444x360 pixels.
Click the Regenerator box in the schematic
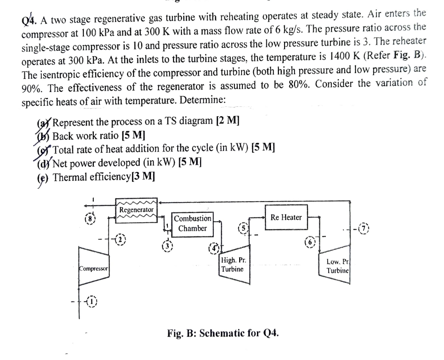pyautogui.click(x=135, y=209)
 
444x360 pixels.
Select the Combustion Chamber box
pyautogui.click(x=192, y=224)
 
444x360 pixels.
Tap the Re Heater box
pyautogui.click(x=286, y=217)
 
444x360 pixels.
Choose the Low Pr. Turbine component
pyautogui.click(x=338, y=267)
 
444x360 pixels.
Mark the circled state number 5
pyautogui.click(x=242, y=228)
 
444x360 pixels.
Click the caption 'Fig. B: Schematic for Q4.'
pyautogui.click(x=223, y=334)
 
